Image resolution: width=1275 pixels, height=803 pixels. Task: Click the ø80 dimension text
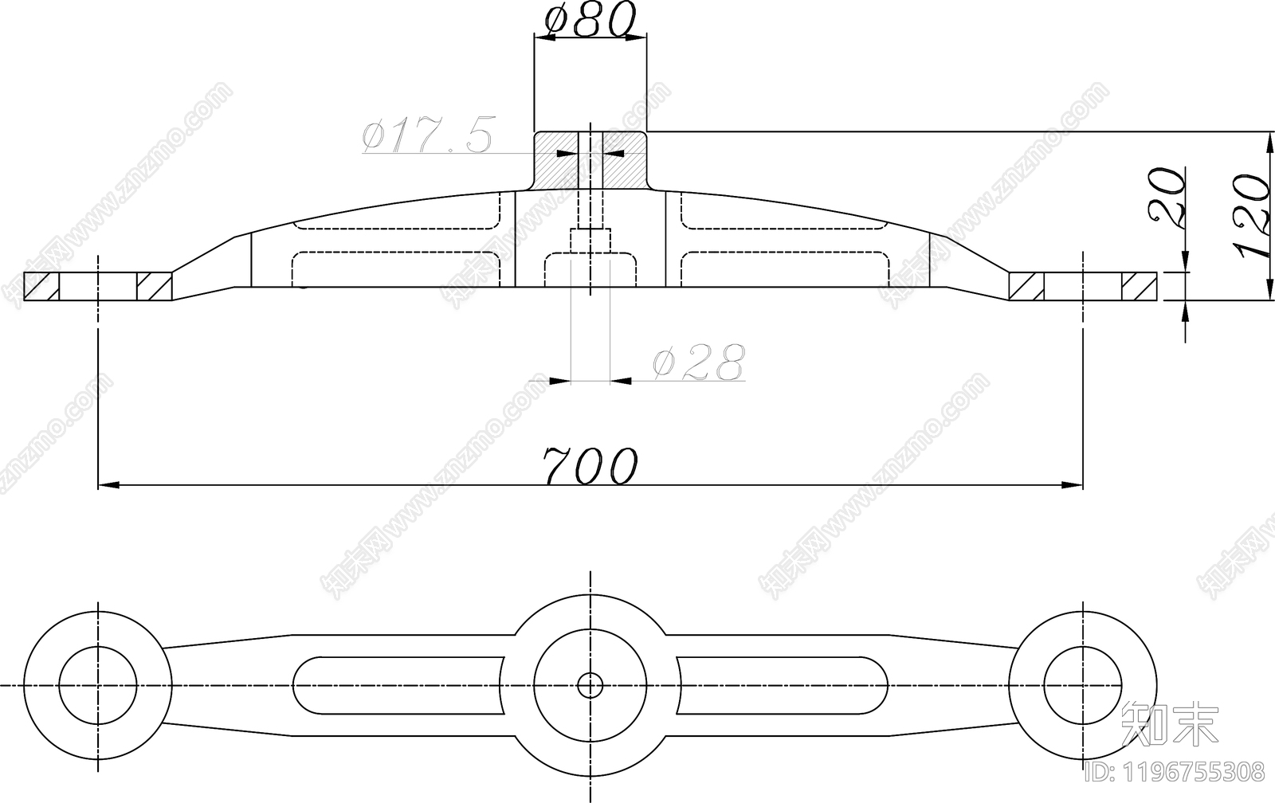(x=590, y=19)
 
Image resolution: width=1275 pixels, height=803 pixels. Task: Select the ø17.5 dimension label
(x=427, y=135)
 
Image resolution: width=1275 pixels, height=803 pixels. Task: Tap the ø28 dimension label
(x=699, y=362)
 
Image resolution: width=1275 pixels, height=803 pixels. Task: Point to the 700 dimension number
(x=590, y=465)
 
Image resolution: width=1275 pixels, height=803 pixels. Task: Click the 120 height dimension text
(x=1253, y=224)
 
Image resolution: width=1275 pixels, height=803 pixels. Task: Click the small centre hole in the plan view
(x=590, y=685)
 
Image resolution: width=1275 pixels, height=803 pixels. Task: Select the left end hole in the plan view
(x=98, y=685)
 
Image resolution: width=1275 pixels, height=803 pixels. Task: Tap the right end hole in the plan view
(x=1083, y=685)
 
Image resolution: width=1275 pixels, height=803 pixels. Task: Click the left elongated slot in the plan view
(x=398, y=685)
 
